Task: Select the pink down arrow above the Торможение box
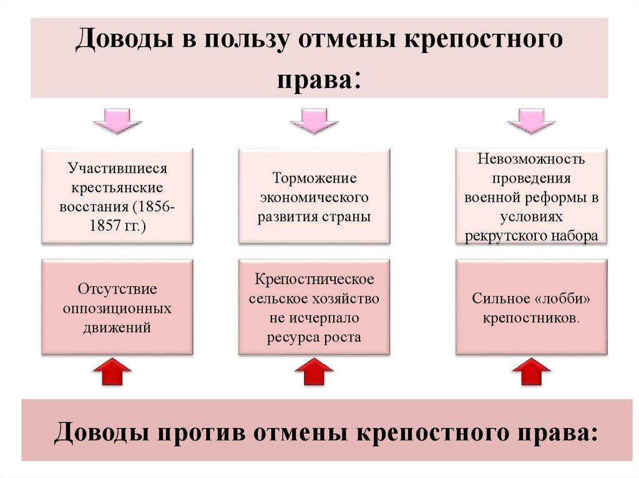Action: (314, 120)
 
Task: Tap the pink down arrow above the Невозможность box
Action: (531, 120)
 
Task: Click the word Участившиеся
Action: (118, 169)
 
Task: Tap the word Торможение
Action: (314, 178)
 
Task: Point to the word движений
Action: (117, 327)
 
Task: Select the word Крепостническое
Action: (314, 279)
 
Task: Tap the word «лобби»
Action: (566, 299)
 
